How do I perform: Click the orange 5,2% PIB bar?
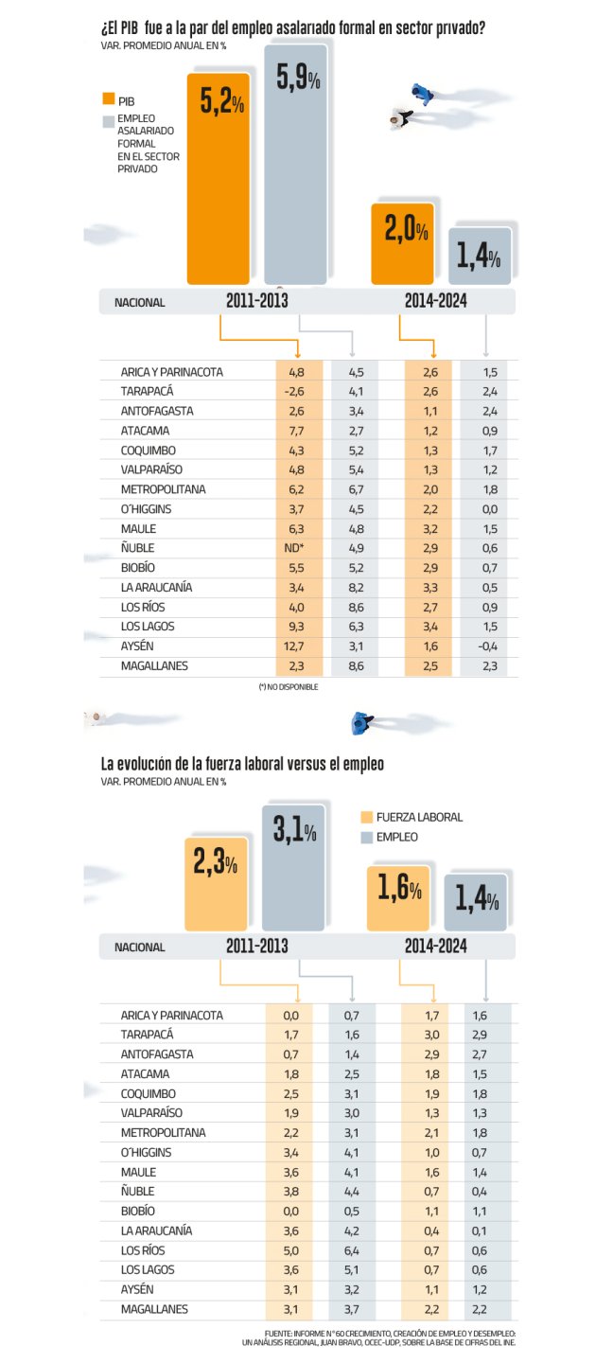221,180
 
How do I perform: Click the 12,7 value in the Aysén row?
296,646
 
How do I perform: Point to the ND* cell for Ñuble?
296,548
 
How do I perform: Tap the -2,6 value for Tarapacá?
296,391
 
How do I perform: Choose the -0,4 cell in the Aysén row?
489,646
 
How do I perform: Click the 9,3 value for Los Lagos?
296,627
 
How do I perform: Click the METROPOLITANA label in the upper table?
163,489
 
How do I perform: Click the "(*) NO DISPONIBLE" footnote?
288,687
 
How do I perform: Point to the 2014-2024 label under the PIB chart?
435,302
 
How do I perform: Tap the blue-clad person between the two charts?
359,724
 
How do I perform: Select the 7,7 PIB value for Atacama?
296,431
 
